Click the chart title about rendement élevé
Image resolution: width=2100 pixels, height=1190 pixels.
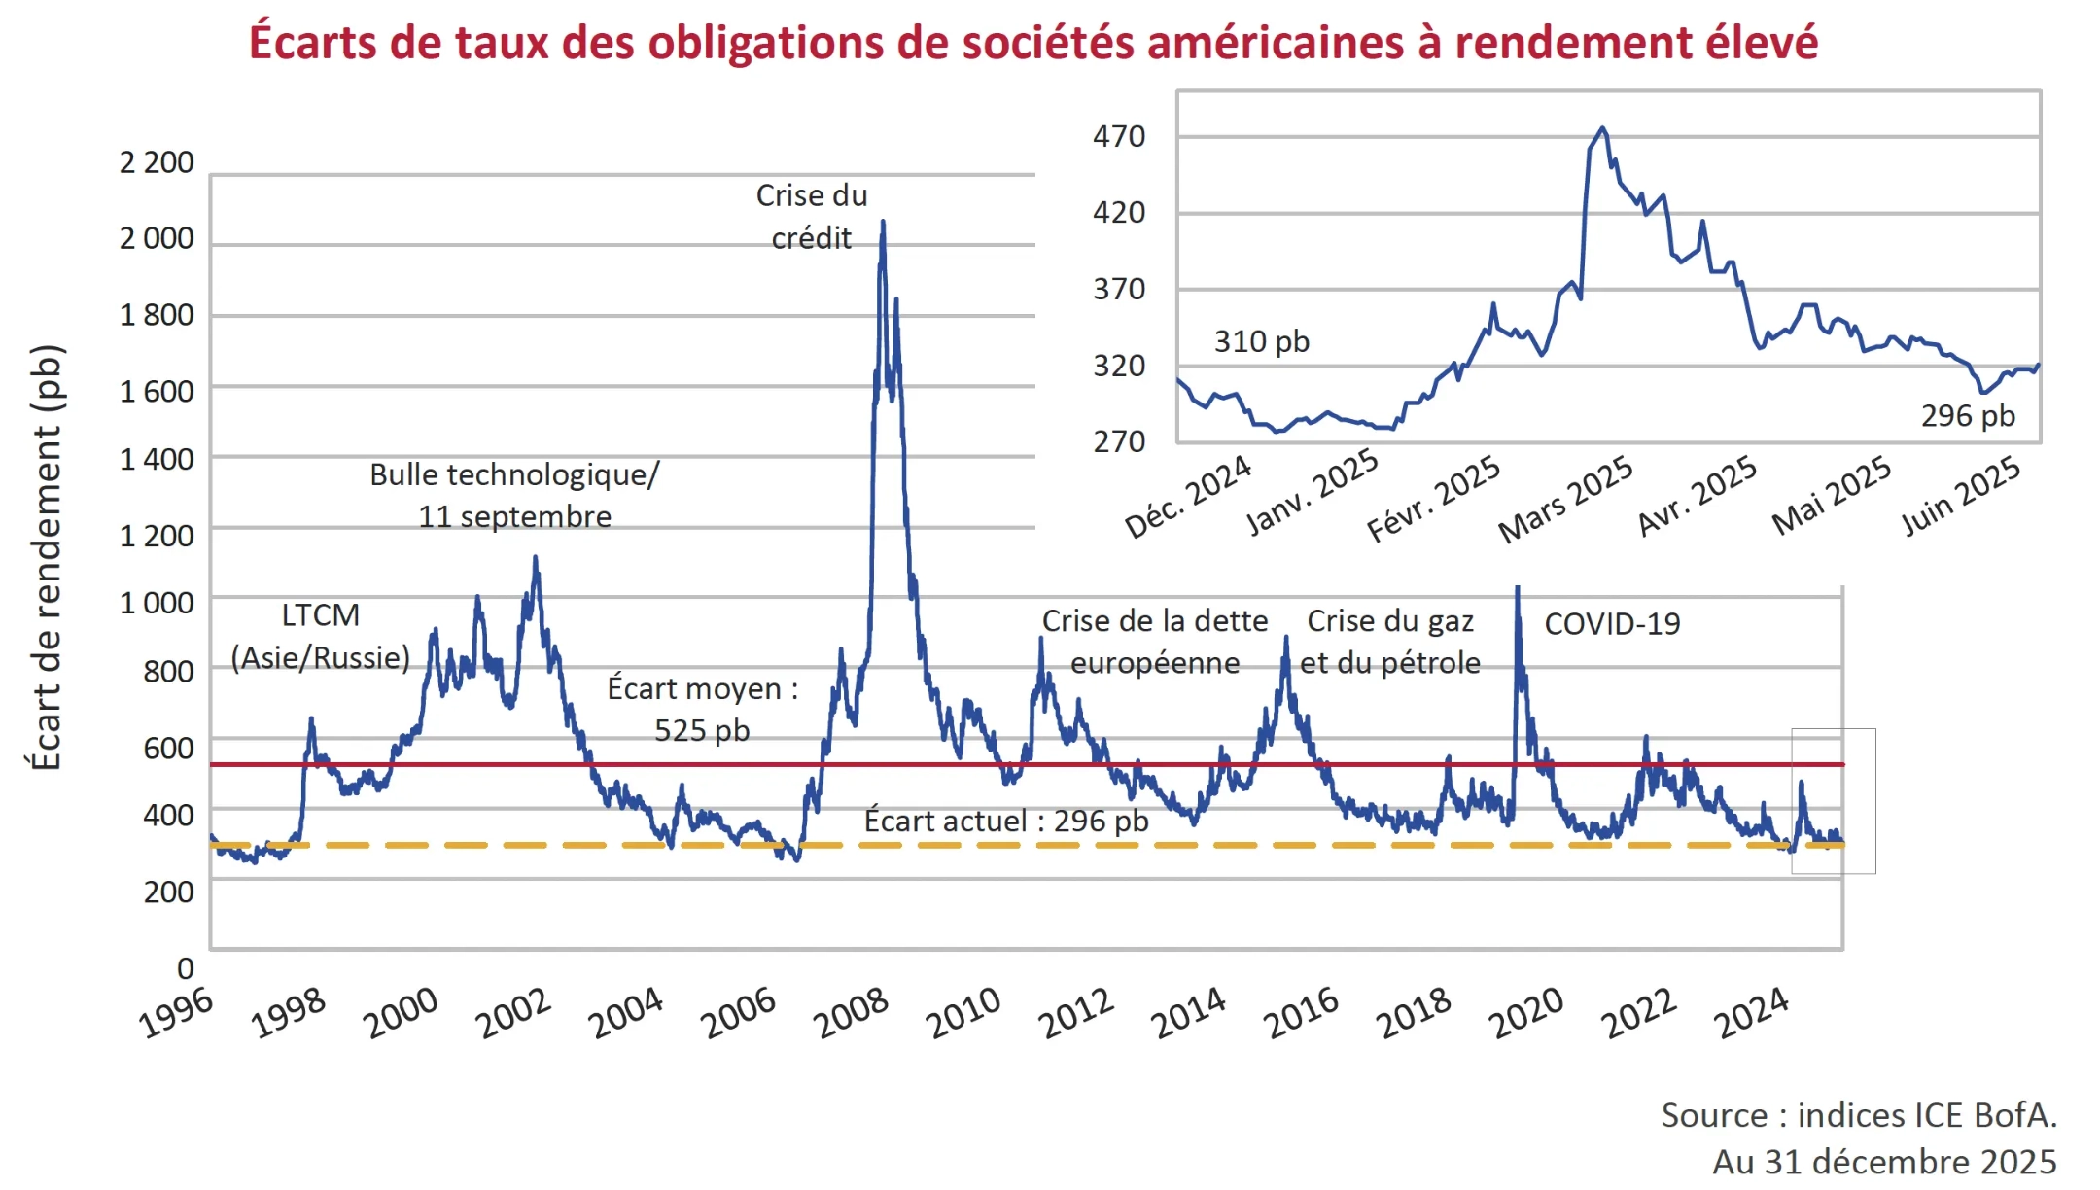[1032, 43]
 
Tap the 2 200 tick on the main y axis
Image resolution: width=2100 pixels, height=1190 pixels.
[157, 162]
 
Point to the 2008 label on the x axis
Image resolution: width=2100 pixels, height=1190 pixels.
[852, 1012]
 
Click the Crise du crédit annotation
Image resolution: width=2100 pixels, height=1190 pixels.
[811, 216]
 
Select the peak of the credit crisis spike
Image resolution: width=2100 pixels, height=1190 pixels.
[883, 223]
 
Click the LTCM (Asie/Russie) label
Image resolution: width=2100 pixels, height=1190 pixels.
[320, 637]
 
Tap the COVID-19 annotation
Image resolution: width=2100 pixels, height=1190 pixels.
[1611, 624]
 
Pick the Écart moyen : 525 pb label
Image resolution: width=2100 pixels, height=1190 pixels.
[702, 709]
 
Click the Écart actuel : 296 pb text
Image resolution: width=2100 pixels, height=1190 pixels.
[1005, 822]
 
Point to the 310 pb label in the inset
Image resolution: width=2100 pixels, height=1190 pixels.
[1261, 342]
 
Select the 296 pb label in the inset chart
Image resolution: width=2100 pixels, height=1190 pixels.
[1968, 416]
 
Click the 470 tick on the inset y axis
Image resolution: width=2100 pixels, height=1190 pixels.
[1118, 136]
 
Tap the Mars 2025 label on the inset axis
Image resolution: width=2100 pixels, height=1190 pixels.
[1565, 499]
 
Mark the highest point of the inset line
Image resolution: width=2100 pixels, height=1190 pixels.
[1602, 128]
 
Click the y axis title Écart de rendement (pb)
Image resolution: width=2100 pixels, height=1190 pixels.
[46, 557]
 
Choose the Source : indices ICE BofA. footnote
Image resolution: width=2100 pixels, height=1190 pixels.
[1858, 1115]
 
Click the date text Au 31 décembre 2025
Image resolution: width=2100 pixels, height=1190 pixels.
[1883, 1162]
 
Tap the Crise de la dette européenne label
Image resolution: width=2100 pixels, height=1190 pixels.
[1154, 642]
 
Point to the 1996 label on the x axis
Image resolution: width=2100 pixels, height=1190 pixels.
[176, 1012]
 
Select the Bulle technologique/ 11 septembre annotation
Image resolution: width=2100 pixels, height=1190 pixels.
[514, 495]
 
